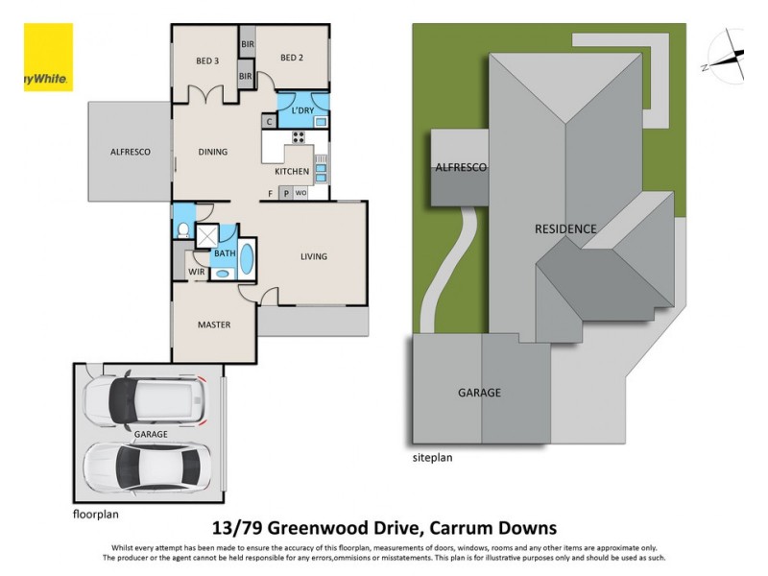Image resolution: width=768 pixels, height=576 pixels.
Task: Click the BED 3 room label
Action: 208,60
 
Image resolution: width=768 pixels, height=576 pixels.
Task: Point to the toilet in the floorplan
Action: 182,230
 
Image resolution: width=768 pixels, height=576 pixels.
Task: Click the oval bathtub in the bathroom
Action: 247,259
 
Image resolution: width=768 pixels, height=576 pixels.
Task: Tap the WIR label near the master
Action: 196,273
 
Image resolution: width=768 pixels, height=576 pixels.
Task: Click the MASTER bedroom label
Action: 213,324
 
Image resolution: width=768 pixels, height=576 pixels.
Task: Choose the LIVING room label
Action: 313,256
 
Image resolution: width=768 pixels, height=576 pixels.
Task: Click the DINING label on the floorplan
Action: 212,152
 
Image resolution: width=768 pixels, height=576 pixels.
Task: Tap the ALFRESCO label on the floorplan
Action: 130,152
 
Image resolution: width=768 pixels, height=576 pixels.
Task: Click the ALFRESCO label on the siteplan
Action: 461,168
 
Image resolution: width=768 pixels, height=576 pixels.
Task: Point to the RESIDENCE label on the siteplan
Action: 565,228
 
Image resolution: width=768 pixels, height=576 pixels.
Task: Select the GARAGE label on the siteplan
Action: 479,392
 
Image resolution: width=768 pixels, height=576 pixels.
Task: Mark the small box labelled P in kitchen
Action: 286,193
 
